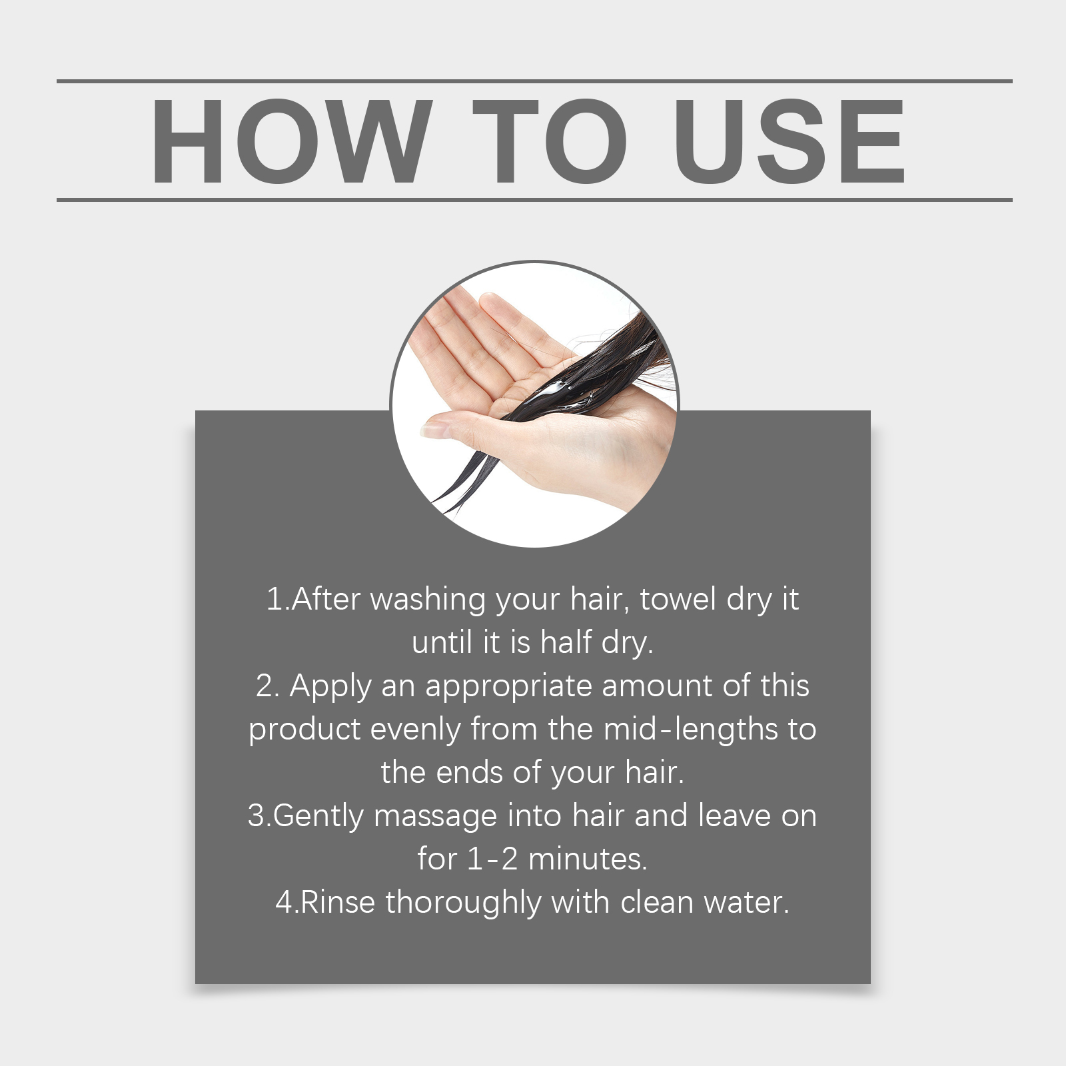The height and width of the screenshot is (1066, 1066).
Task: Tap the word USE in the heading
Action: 790,141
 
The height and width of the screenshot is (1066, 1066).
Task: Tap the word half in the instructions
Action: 566,642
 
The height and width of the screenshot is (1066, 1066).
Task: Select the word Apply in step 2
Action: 330,687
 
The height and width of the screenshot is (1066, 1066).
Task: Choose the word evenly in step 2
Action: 415,730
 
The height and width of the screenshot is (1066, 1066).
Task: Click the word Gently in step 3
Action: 318,817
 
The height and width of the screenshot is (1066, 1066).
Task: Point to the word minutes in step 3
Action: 588,859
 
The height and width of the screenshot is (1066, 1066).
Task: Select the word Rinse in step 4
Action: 338,903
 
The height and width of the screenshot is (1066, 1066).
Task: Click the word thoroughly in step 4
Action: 464,903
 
